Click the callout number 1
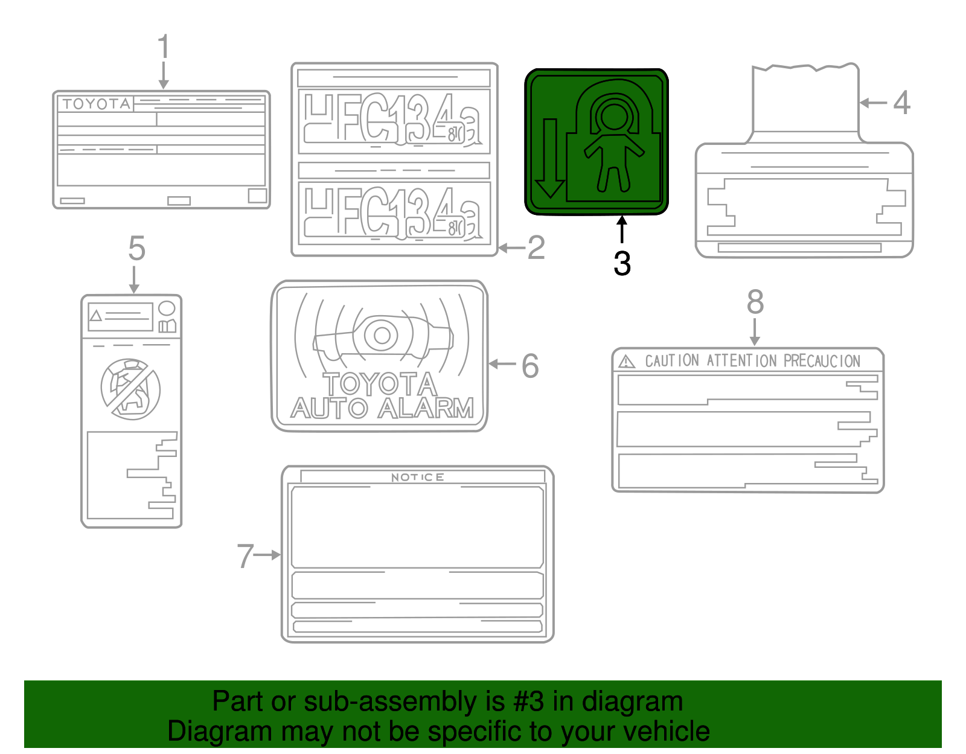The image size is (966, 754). point(163,47)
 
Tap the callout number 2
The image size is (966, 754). point(536,248)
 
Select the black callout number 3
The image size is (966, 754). point(622,264)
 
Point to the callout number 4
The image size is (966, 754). point(901,103)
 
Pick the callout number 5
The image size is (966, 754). point(137,249)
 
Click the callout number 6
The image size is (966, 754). point(530,366)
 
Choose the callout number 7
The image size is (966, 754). point(245,556)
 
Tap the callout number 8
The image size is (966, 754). point(755,302)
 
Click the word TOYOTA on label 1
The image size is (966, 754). point(97,104)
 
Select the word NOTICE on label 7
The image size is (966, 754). point(417,478)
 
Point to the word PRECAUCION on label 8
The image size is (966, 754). point(822,361)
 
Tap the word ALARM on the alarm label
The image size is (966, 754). point(426,409)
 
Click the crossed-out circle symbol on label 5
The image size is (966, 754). point(130,389)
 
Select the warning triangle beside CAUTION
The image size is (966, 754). point(627,362)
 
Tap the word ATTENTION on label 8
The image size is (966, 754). point(741,361)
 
